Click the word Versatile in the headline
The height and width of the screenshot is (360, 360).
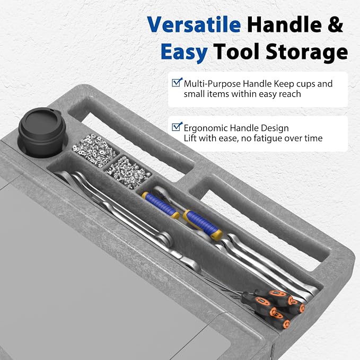point(194,24)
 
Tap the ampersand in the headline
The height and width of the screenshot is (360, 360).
point(335,24)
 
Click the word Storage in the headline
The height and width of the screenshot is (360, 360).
point(307,52)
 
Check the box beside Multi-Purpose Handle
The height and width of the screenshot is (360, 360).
point(177,82)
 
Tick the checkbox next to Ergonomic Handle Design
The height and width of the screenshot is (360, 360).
point(177,127)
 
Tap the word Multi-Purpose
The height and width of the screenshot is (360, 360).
point(212,84)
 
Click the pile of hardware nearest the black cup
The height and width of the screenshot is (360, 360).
point(94,150)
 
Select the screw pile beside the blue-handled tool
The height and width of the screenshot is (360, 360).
point(127,171)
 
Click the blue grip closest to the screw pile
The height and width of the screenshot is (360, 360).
point(161,205)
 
